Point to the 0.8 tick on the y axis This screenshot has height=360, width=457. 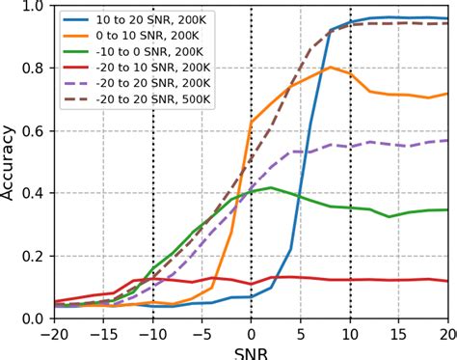[34, 68]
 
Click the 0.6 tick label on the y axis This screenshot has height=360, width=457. [34, 130]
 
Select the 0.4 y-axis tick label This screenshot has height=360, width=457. [34, 193]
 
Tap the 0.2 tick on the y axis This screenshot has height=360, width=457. [34, 256]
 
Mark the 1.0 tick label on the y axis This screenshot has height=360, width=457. [34, 6]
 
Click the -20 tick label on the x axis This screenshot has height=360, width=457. [55, 333]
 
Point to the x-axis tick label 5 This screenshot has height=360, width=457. [301, 333]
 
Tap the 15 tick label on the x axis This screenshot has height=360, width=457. [399, 333]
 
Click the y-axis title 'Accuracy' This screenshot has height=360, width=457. [10, 162]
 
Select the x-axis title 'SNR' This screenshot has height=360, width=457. [252, 351]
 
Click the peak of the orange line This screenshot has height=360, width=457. [330, 68]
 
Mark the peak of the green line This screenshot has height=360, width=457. [271, 187]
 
